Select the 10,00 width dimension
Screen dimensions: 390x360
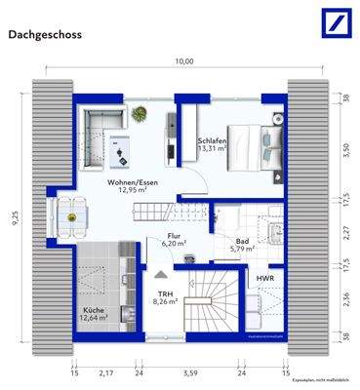183,62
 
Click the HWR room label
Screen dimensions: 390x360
264,279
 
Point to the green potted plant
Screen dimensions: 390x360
139,113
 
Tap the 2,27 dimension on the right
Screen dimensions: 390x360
346,231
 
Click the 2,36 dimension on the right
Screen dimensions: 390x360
346,300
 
